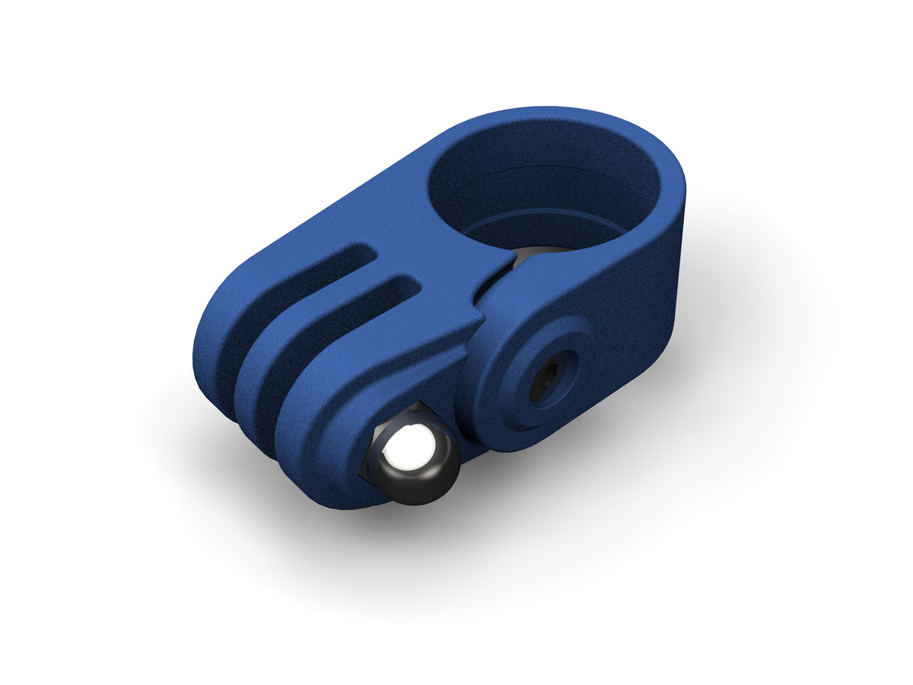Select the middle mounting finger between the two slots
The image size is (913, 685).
[x=304, y=320]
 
